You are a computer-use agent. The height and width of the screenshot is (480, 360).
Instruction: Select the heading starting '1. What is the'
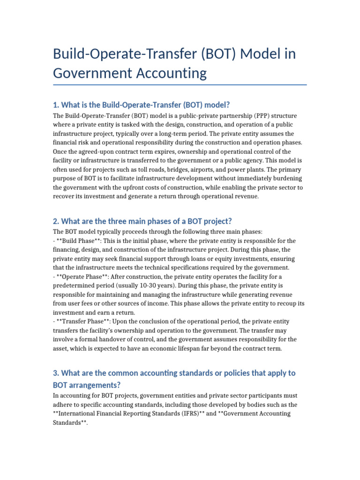141,105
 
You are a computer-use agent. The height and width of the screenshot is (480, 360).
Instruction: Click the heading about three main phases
142,221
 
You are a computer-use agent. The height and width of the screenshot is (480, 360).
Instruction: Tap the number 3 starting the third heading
55,373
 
